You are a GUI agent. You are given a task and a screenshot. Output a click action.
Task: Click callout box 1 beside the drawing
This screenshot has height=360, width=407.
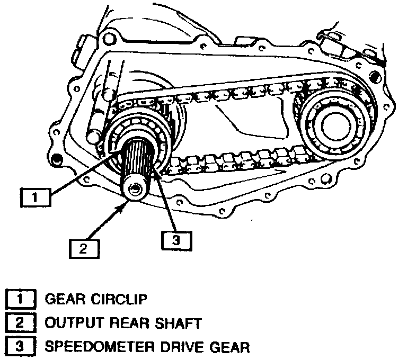click(x=34, y=198)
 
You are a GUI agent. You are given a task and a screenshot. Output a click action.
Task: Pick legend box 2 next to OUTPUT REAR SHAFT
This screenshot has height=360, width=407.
click(x=20, y=323)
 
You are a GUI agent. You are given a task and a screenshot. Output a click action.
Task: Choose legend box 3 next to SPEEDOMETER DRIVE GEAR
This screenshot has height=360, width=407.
click(x=20, y=347)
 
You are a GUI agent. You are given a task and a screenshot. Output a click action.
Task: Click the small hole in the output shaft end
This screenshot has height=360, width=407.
click(x=136, y=189)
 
